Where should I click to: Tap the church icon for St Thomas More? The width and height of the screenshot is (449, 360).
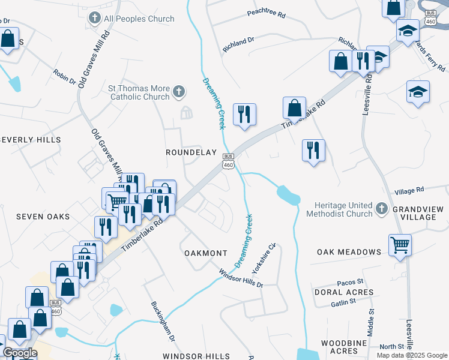[178, 92]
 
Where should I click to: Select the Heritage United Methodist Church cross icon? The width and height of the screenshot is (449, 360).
[381, 209]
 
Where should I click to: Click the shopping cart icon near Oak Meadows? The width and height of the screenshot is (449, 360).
[400, 244]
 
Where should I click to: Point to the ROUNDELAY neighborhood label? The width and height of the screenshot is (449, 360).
[191, 152]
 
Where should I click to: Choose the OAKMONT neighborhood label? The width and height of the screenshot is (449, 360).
[205, 253]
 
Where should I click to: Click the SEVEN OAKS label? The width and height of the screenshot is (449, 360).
[43, 216]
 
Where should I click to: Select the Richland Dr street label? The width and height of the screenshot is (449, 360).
[239, 44]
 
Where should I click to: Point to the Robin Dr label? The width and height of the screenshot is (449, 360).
[64, 76]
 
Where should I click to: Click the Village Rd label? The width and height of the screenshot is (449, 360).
[409, 190]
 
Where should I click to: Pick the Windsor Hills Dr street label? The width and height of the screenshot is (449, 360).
[241, 278]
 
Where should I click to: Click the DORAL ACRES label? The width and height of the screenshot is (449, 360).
[343, 292]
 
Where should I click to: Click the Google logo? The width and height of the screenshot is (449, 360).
[19, 353]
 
